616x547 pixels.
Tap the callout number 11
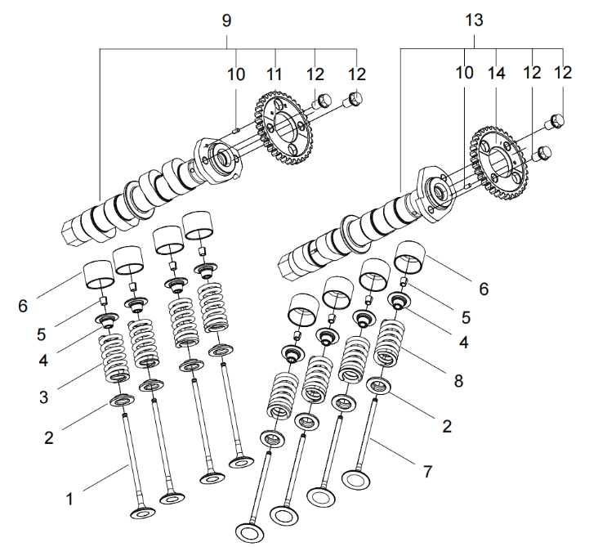click(x=274, y=74)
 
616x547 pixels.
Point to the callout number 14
click(x=497, y=74)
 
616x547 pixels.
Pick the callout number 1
click(x=70, y=497)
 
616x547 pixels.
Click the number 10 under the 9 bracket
click(x=236, y=74)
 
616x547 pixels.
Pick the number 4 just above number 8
click(x=463, y=343)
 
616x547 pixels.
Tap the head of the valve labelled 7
click(x=357, y=476)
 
